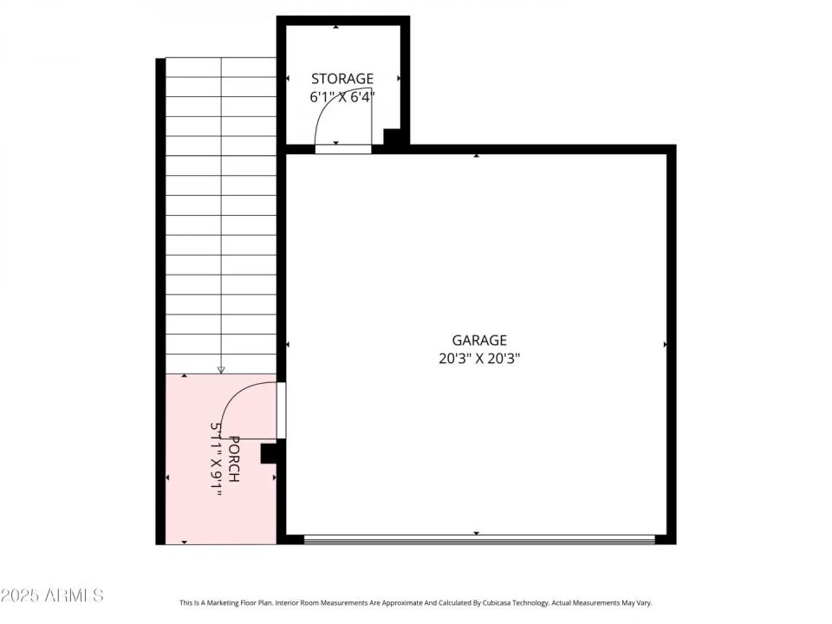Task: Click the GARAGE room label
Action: coord(478,341)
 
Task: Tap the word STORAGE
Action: coord(342,79)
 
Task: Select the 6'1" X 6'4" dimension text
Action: coord(342,97)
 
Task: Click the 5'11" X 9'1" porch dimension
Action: coord(217,459)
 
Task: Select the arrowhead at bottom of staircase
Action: coord(221,370)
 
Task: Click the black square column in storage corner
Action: coord(393,136)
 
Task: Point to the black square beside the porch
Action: coord(269,452)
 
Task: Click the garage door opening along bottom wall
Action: coord(478,539)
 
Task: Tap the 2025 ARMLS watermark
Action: coord(52,595)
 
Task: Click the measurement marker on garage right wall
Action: coord(665,345)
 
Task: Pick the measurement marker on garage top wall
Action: coord(477,156)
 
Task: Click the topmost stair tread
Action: coord(221,67)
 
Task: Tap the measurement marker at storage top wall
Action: coord(336,28)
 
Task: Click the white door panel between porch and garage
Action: coord(281,409)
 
